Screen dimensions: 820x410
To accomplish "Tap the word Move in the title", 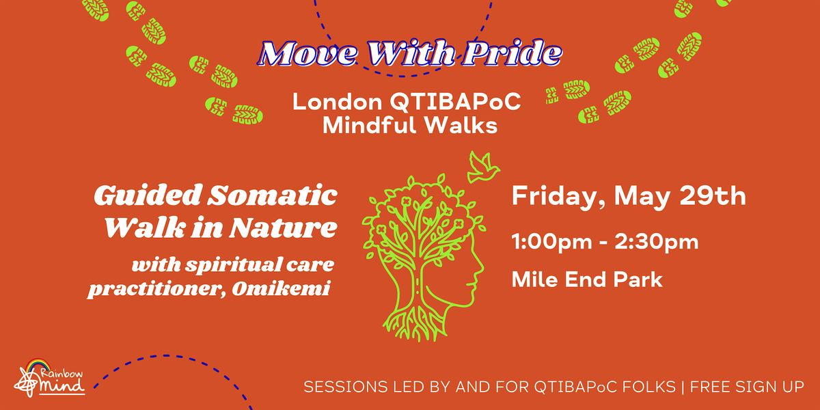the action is click(308, 54).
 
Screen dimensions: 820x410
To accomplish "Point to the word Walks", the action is click(461, 125).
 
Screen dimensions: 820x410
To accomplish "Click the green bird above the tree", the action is click(483, 167).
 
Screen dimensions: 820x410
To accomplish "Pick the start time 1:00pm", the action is click(551, 243).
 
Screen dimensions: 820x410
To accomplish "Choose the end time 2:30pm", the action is click(657, 243).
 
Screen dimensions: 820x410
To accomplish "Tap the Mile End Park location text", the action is click(587, 279).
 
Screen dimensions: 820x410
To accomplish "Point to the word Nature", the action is click(283, 228).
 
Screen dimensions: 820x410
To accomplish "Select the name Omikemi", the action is click(281, 288).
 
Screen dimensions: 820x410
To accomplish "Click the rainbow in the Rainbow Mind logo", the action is click(38, 365).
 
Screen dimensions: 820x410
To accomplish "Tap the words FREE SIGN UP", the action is click(747, 387).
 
